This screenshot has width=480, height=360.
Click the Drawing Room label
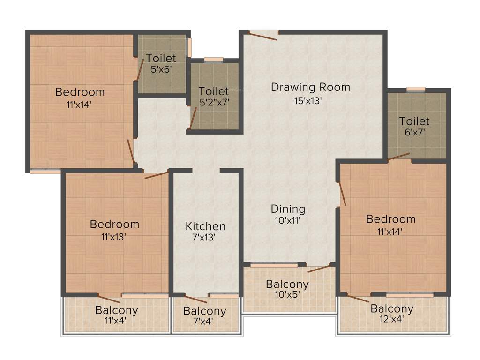click(310, 87)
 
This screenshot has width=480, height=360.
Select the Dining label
click(288, 209)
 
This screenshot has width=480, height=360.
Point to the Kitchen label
click(205, 226)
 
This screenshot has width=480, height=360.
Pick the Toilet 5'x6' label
click(161, 59)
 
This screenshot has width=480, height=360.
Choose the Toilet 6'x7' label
click(414, 121)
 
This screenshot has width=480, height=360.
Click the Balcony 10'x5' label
click(287, 285)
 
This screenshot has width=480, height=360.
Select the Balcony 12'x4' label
click(392, 309)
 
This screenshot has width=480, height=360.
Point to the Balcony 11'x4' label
click(116, 310)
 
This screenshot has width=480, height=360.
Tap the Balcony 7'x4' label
click(204, 311)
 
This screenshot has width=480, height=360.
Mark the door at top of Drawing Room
click(263, 35)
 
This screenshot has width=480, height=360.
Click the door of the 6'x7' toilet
click(398, 157)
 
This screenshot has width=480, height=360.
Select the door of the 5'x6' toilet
click(139, 70)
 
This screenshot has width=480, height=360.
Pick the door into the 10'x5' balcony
click(319, 269)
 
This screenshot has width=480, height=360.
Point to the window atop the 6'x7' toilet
click(416, 89)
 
